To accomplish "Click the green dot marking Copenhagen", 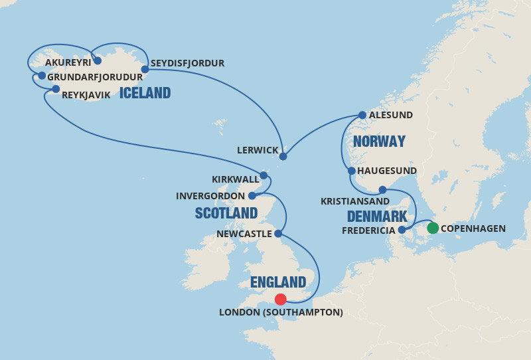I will (x=432, y=228).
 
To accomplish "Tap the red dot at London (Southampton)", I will (x=281, y=300).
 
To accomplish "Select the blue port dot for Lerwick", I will (x=283, y=157).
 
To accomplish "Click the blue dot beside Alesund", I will (x=362, y=115).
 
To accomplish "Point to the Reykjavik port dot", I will (x=56, y=89).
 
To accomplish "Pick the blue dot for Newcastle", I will (x=278, y=234).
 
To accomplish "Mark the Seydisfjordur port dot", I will (x=145, y=68).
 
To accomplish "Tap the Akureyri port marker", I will (x=98, y=60).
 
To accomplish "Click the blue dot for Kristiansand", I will (x=382, y=190).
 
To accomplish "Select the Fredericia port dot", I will (x=401, y=230).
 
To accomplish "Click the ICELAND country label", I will (x=145, y=93).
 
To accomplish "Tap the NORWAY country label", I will (x=379, y=141).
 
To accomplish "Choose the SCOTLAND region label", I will (x=226, y=213).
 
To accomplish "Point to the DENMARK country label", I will (x=376, y=217).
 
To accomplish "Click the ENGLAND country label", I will (x=278, y=282).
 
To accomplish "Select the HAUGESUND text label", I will (x=387, y=171).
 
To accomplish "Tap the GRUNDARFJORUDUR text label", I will (x=96, y=76).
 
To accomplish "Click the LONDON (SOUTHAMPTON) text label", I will (x=281, y=312).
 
